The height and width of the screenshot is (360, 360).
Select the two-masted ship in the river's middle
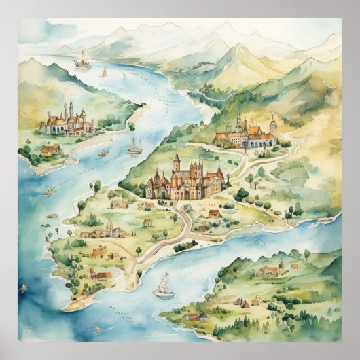134,146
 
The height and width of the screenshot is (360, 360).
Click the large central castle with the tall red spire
184,180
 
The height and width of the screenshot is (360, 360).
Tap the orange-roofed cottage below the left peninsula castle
50,149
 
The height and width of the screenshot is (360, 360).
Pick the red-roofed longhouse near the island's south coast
103,275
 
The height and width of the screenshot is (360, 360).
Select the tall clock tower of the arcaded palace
273,125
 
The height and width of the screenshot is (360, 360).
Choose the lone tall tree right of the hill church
306,256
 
